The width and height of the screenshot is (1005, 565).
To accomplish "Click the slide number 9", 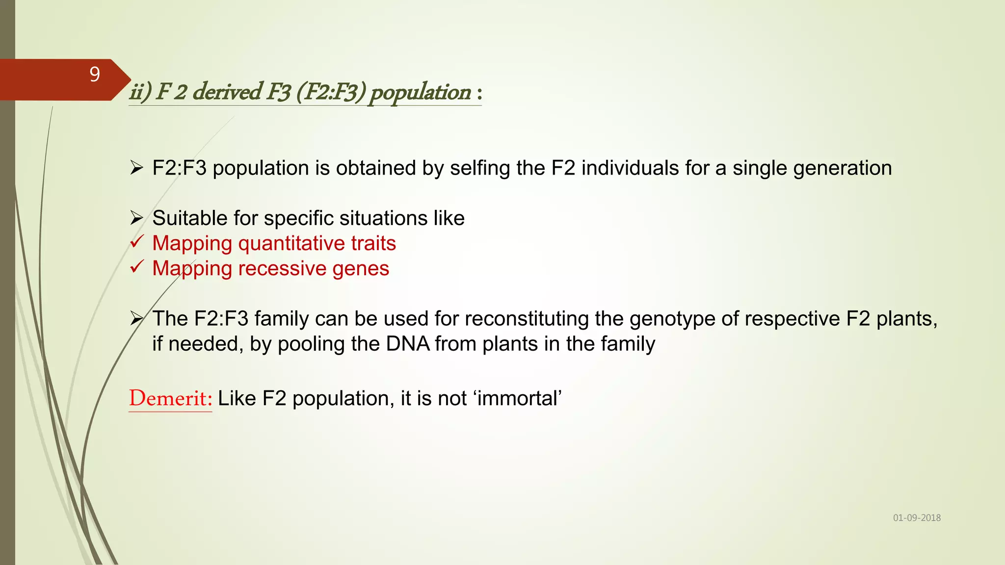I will tap(95, 75).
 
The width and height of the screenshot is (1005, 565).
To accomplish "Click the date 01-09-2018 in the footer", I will tap(917, 518).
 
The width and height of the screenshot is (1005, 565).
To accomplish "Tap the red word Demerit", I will tap(170, 398).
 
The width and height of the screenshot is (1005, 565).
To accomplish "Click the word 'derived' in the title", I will tap(227, 92).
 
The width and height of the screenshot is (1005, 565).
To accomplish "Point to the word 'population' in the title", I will tap(420, 92).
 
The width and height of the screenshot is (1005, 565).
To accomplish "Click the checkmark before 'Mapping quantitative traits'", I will tap(137, 242).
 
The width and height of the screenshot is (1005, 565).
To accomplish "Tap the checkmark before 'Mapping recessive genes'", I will tap(137, 267).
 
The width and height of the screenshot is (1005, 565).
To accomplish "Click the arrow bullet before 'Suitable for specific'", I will tap(136, 218).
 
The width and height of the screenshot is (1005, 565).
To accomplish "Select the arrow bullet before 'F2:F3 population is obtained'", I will tap(136, 168).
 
